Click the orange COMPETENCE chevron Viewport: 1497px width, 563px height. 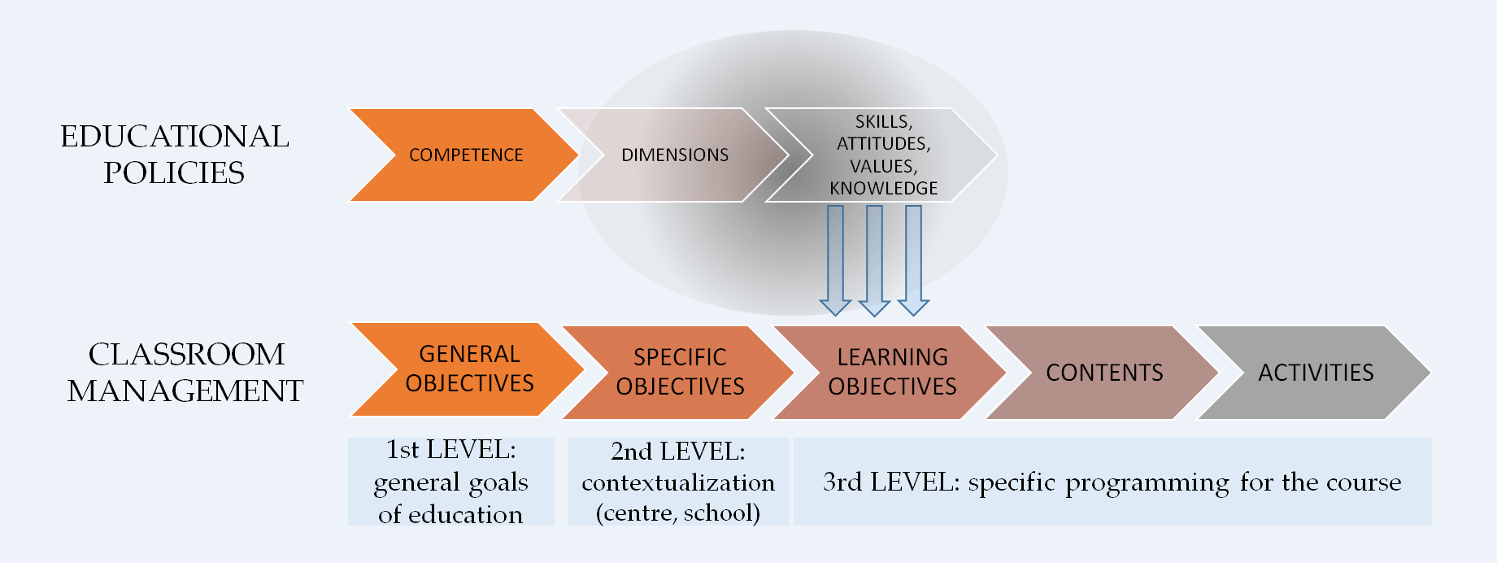[x=465, y=155]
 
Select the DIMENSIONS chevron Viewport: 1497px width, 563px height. [x=674, y=155]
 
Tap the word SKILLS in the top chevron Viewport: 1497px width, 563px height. [x=883, y=121]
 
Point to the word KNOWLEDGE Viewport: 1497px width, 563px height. [x=883, y=189]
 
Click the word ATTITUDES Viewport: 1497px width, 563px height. [x=882, y=144]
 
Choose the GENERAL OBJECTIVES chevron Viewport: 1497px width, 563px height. [x=469, y=369]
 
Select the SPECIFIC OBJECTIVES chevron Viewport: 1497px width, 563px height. [x=680, y=373]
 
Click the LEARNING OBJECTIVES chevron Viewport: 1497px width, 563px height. [x=892, y=373]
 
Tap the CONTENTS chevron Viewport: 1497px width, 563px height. [x=1104, y=373]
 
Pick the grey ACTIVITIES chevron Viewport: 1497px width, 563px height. [x=1316, y=373]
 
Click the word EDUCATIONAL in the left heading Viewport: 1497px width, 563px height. [x=175, y=137]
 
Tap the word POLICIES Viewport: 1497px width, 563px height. [x=174, y=173]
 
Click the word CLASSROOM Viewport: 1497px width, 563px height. [x=186, y=355]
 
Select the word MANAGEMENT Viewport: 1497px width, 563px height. [x=185, y=391]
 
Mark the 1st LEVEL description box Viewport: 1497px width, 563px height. [x=451, y=482]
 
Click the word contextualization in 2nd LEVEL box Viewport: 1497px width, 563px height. [x=678, y=482]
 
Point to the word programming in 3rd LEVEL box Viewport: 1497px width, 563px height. [x=1147, y=483]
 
